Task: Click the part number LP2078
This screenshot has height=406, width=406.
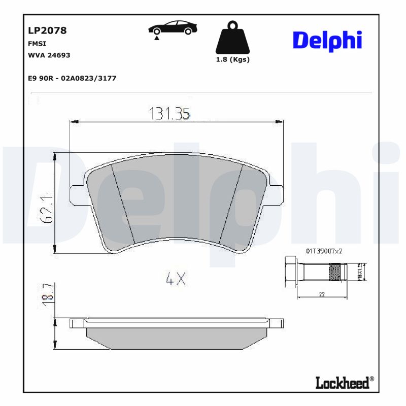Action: pyautogui.click(x=47, y=30)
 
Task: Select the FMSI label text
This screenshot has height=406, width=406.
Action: pyautogui.click(x=38, y=44)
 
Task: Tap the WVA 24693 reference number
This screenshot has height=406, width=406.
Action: pyautogui.click(x=49, y=54)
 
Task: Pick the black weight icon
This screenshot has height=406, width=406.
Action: pyautogui.click(x=232, y=38)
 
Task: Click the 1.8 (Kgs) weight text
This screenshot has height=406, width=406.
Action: pyautogui.click(x=232, y=59)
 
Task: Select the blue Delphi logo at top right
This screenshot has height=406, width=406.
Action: pyautogui.click(x=327, y=41)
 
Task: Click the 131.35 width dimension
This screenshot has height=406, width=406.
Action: pyautogui.click(x=169, y=114)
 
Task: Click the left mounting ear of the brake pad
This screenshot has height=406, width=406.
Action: pyautogui.click(x=76, y=192)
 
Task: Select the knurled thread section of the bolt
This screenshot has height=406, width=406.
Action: pyautogui.click(x=334, y=273)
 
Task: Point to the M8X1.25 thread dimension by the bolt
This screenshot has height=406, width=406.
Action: pyautogui.click(x=360, y=272)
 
